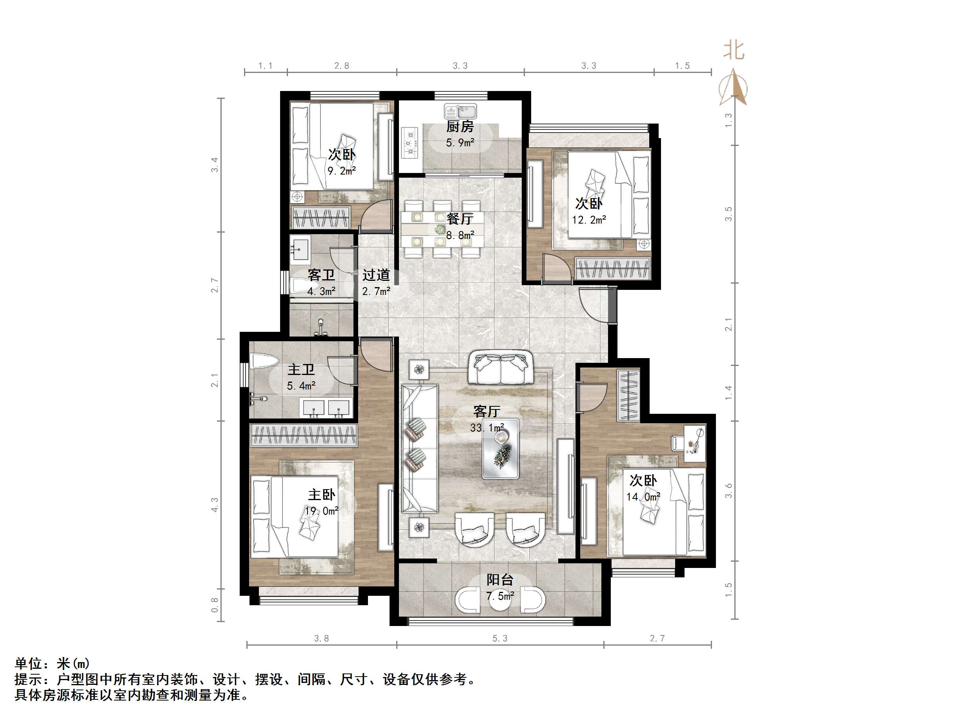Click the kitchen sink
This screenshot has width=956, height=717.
tap(460, 111)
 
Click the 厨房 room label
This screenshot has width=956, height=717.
tap(460, 127)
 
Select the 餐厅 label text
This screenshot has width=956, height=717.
tap(460, 219)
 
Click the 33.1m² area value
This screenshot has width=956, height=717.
tap(487, 428)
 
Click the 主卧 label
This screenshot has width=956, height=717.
tap(322, 495)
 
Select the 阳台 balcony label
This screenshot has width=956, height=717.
tap(500, 580)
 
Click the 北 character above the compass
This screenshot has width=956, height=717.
tap(734, 51)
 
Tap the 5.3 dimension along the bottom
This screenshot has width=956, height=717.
tap(500, 638)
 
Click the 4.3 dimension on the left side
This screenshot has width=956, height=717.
tap(215, 505)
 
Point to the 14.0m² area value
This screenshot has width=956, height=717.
tap(643, 497)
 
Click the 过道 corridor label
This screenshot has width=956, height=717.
tap(376, 275)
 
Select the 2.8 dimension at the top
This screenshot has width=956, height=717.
tap(341, 66)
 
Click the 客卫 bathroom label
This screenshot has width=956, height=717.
tap(321, 275)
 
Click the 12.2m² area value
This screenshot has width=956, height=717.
tap(589, 220)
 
